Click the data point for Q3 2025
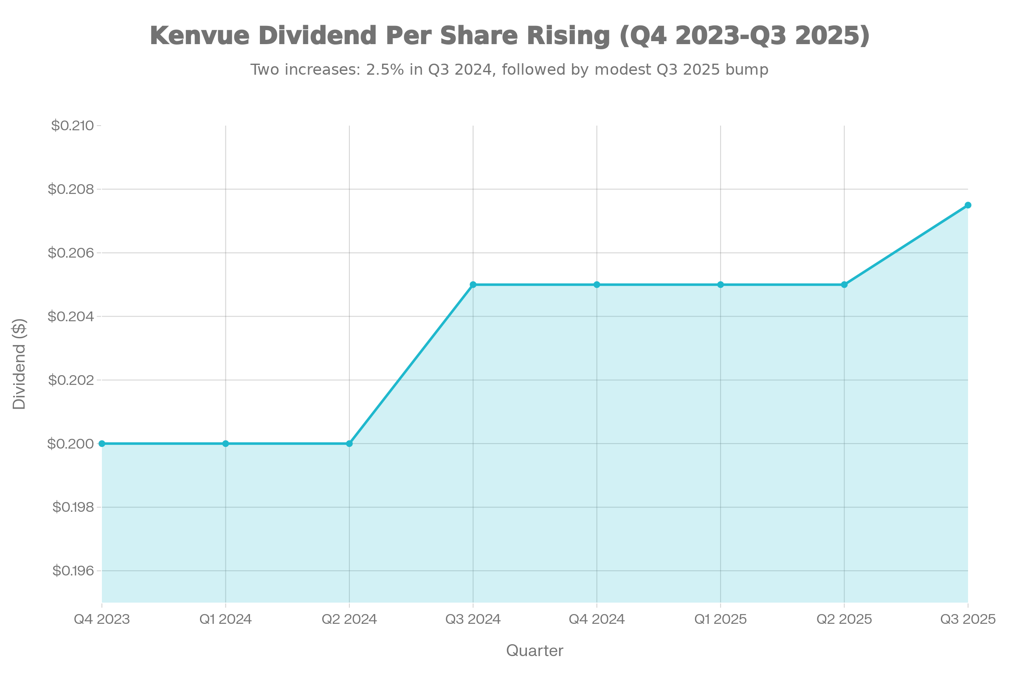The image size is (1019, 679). [x=968, y=205]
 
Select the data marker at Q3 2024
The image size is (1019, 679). [x=473, y=284]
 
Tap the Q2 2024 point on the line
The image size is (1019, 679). [x=349, y=443]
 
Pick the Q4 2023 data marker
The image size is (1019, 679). [x=102, y=443]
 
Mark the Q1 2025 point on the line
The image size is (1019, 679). [x=721, y=284]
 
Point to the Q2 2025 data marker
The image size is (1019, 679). [x=844, y=284]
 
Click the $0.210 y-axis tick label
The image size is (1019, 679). [x=72, y=126]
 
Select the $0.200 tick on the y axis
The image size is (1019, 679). [x=70, y=443]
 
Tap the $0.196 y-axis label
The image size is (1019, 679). [x=73, y=571]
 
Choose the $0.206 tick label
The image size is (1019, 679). [x=70, y=253]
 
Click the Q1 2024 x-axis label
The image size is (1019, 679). [x=226, y=619]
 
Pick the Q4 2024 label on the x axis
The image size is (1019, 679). [x=597, y=619]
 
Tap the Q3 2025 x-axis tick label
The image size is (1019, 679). [x=968, y=619]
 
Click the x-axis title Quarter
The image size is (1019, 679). [x=535, y=651]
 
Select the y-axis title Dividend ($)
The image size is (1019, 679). [x=20, y=364]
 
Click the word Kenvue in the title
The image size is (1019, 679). [x=200, y=36]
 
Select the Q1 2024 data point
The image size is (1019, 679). [x=226, y=443]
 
